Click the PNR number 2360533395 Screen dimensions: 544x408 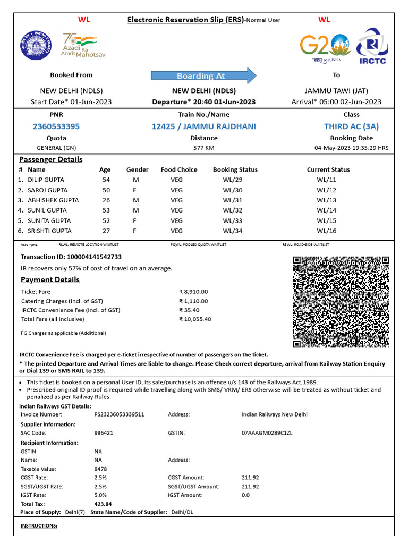(x=56, y=126)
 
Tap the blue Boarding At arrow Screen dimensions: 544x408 (x=203, y=76)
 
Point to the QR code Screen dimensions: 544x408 (x=341, y=302)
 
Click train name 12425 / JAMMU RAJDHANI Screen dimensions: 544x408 (x=203, y=126)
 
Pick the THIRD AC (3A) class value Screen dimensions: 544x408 (x=351, y=126)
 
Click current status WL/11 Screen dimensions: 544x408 (x=327, y=180)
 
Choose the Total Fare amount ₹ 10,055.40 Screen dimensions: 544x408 (x=195, y=319)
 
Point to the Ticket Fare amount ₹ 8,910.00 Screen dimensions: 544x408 (x=193, y=292)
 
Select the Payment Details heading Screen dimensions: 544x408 (x=50, y=280)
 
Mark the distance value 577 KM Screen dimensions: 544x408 (x=203, y=148)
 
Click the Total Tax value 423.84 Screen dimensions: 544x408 (x=103, y=504)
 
